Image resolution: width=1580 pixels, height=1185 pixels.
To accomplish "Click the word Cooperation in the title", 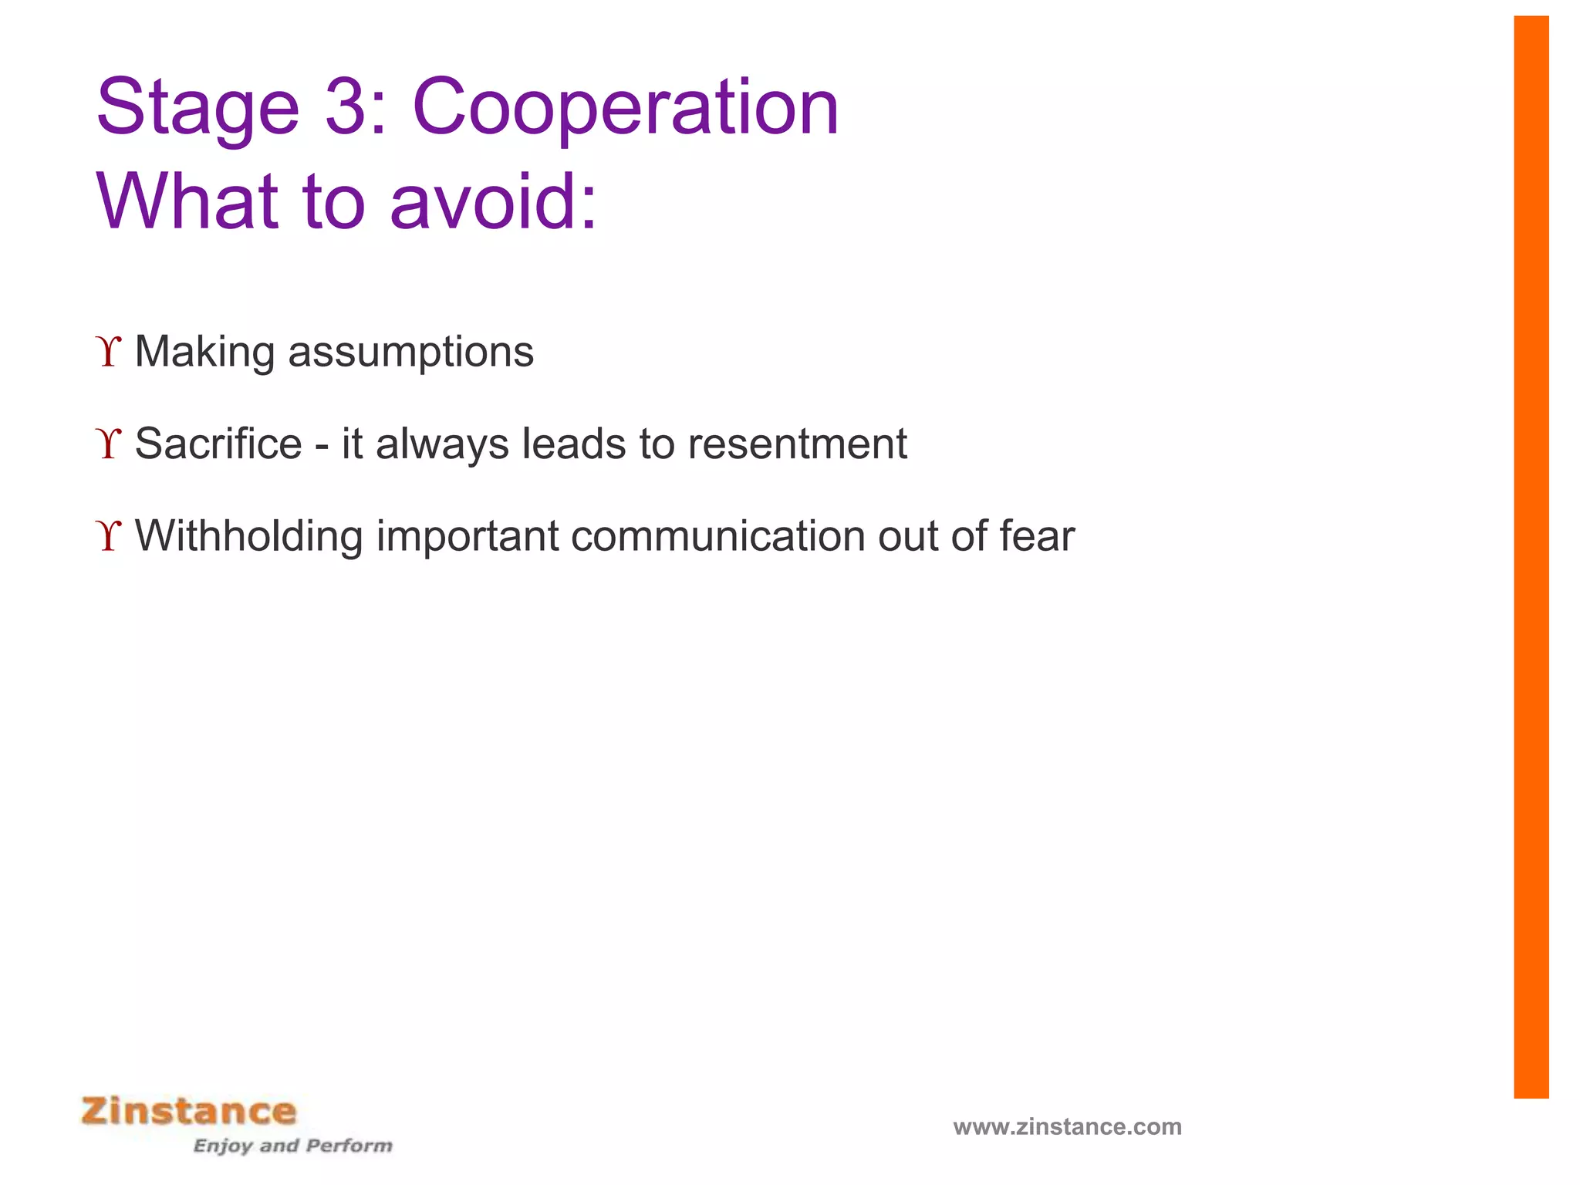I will [x=625, y=108].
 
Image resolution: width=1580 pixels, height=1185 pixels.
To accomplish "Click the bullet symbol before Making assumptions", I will [x=110, y=352].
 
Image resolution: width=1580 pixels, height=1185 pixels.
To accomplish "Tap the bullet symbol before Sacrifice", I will [x=110, y=444].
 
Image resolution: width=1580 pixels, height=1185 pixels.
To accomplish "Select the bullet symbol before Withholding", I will [x=110, y=536].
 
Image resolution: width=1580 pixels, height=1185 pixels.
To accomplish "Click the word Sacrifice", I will [x=218, y=444].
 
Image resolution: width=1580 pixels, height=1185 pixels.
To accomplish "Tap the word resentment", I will [x=797, y=445].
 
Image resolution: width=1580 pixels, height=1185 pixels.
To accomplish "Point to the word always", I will [x=442, y=445].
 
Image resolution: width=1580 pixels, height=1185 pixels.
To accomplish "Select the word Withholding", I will [x=248, y=536].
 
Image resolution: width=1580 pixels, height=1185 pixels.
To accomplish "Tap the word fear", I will [x=1037, y=536].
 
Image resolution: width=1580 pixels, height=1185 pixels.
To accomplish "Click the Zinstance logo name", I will [x=189, y=1112].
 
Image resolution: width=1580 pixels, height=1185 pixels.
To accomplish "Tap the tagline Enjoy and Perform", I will [x=292, y=1146].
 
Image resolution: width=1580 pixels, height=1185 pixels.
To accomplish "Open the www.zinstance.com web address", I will [x=1067, y=1127].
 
